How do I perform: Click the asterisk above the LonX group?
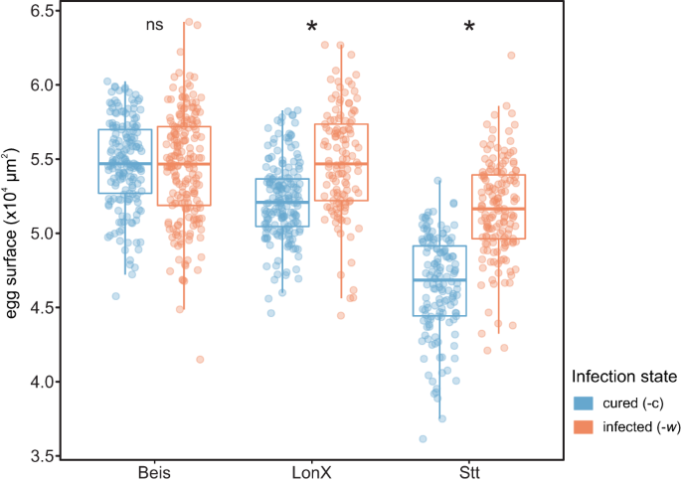(312, 27)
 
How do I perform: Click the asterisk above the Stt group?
(469, 27)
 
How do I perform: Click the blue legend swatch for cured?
(582, 403)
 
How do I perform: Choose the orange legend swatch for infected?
(582, 427)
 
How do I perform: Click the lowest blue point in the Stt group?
(423, 438)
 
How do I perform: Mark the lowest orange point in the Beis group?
(200, 359)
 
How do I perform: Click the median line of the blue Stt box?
(438, 280)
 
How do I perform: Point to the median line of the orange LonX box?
(341, 163)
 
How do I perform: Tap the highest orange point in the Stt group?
(511, 56)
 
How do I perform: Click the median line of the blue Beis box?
(124, 163)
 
